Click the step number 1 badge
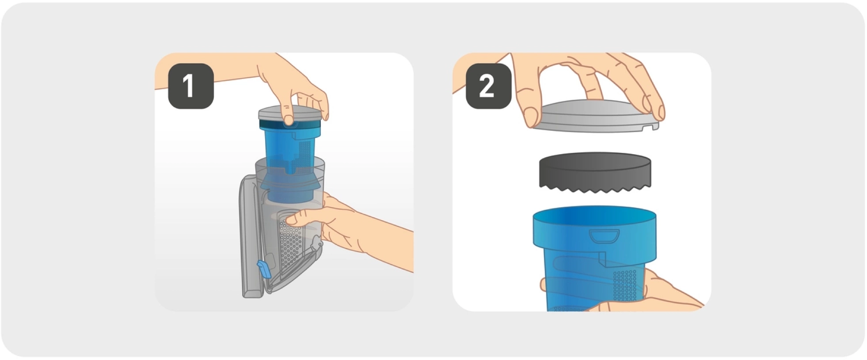tap(191, 86)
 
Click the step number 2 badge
tap(489, 86)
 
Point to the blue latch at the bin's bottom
tap(264, 269)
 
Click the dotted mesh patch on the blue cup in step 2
tap(625, 285)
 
